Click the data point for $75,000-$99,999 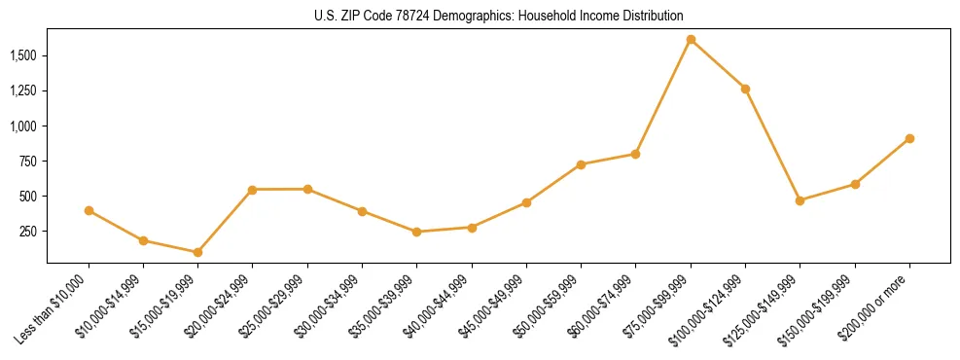[691, 40]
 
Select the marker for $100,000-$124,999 [745, 89]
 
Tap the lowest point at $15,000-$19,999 [197, 252]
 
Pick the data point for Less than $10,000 [89, 210]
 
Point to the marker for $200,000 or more [909, 138]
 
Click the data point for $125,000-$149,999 [800, 200]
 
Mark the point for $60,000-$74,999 [635, 154]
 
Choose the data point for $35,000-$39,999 [416, 232]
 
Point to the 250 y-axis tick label [29, 232]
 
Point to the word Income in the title [582, 17]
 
